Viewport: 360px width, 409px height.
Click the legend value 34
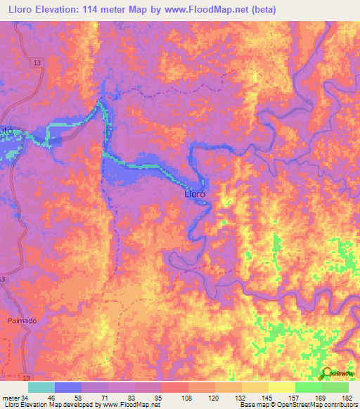26,397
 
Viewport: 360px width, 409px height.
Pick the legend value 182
347,397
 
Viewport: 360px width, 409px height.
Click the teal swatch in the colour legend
41,387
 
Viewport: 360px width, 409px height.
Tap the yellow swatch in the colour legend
281,387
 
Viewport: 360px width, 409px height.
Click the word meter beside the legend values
11,397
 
